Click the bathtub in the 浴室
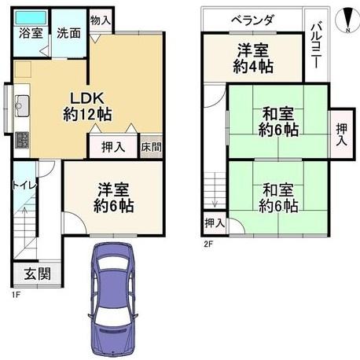[31, 18]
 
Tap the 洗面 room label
[68, 34]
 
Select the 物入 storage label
[101, 20]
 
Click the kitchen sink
[22, 106]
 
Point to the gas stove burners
[22, 141]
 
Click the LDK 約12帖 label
[87, 106]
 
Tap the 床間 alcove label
[151, 147]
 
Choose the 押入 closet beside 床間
[113, 147]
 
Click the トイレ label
[24, 186]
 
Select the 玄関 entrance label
[37, 274]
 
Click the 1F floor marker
[16, 295]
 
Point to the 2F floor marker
[208, 244]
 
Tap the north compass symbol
[347, 20]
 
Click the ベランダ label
[253, 20]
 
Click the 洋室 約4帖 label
[253, 59]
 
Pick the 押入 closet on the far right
[342, 134]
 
